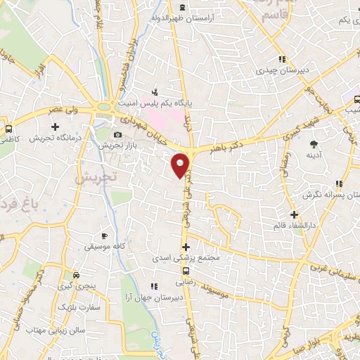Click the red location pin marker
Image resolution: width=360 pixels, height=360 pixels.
[x=181, y=165]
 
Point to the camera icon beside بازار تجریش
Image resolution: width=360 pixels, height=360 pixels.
[x=118, y=134]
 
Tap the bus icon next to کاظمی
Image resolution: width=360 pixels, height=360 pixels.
[x=8, y=129]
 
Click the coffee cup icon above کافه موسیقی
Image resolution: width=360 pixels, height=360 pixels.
[x=105, y=236]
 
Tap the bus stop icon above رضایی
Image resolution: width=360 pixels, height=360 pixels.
[x=186, y=271]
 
